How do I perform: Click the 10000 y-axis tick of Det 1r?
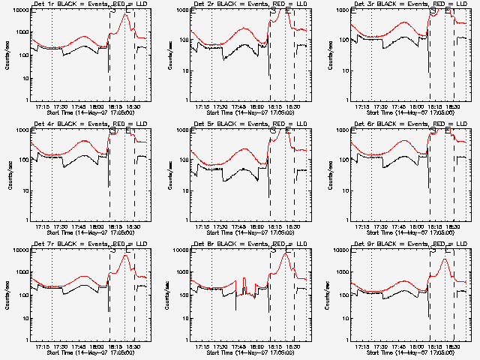click(19, 10)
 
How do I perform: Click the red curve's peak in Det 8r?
click(285, 254)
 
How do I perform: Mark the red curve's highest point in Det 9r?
click(445, 259)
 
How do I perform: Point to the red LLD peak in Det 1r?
click(125, 14)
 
